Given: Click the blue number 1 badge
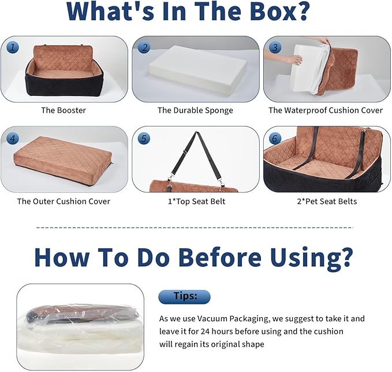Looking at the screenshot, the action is tap(13, 47).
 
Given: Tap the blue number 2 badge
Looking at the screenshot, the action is tap(144, 47).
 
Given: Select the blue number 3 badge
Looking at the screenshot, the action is tap(275, 47).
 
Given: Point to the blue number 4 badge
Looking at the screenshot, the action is tap(13, 138).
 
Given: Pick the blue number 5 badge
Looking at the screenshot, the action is tap(144, 138).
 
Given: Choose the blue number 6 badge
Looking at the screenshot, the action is tap(275, 138).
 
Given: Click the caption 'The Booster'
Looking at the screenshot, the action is tap(64, 110).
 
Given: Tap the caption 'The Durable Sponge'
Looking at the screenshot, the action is tap(195, 110).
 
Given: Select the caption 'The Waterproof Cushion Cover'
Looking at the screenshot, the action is tap(326, 110).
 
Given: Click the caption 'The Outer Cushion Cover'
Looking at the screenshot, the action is tap(64, 202).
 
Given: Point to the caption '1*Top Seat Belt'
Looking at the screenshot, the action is tap(196, 202).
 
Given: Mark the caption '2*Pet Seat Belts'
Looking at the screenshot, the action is tap(327, 202).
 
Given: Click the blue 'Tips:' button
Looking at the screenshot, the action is tap(185, 297).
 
